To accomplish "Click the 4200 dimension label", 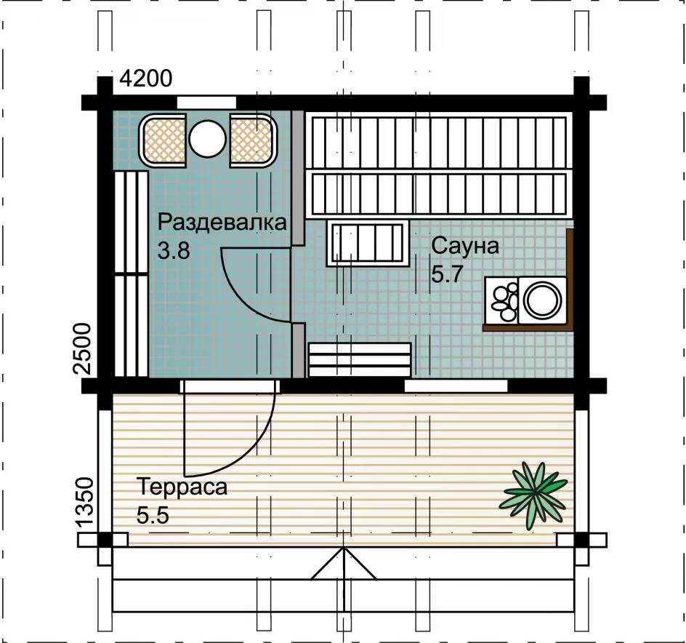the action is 146,79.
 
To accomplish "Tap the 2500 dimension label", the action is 83,348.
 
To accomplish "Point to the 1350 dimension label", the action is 85,501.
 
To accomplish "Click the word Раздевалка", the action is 222,222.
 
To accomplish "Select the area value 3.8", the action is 174,251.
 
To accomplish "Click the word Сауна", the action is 465,246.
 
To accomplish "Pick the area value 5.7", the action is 447,275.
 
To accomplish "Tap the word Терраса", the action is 182,487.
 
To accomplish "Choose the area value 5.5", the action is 153,515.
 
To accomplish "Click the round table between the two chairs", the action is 207,138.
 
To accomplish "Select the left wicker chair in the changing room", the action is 163,140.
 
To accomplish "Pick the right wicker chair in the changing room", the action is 253,140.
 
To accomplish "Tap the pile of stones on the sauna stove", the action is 505,301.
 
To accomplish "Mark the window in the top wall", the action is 206,103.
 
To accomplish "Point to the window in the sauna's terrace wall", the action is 456,386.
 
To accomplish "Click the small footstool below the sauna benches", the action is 368,243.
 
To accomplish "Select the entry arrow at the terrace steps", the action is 344,564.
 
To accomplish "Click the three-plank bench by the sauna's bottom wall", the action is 360,360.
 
